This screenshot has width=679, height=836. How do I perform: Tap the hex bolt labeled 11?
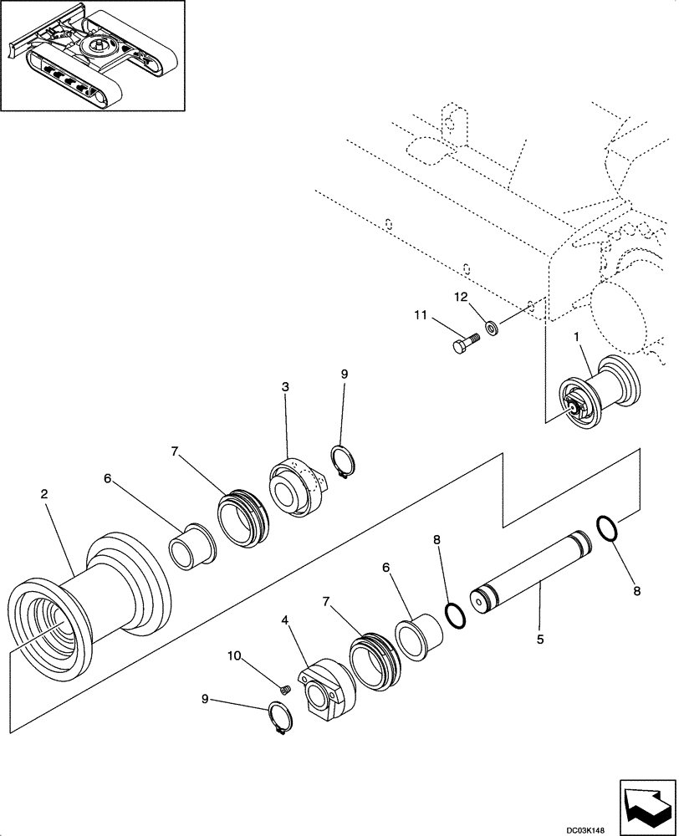click(x=466, y=343)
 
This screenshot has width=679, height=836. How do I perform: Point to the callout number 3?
click(x=285, y=387)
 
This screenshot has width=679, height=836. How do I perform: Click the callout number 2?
click(x=45, y=494)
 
